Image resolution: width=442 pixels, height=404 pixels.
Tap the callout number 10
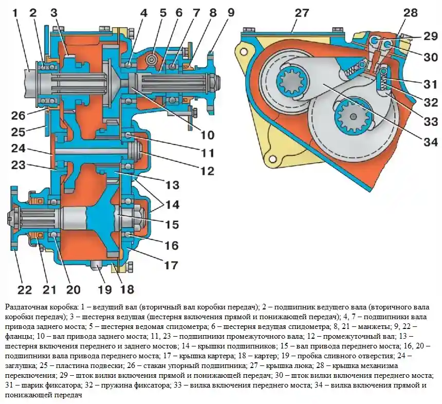click(x=207, y=136)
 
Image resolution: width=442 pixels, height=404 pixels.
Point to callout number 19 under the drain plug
click(x=105, y=289)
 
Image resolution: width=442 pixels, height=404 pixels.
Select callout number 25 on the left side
click(x=19, y=132)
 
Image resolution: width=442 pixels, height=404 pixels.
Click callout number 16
click(x=171, y=246)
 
